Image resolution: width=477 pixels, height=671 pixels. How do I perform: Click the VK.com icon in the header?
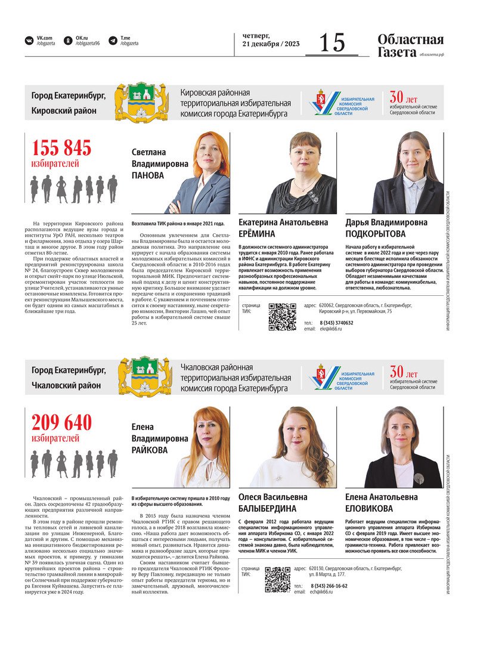pos(29,41)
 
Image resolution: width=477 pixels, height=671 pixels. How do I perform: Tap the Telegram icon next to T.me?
pos(113,41)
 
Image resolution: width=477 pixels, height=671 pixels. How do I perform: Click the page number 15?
pos(332,42)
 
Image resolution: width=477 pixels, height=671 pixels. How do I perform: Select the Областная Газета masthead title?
pos(410,46)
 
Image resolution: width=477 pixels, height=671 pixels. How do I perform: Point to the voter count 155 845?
pos(61,147)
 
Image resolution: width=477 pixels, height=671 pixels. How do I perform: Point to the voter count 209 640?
pos(61,422)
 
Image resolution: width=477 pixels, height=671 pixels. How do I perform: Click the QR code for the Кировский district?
pos(282,317)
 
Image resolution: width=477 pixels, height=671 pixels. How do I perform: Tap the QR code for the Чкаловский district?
pos(277,579)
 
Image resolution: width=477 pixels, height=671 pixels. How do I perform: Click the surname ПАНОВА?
pos(147,175)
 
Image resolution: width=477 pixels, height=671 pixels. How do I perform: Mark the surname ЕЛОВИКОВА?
pos(369,509)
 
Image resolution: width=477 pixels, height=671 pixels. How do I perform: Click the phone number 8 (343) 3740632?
pos(336,323)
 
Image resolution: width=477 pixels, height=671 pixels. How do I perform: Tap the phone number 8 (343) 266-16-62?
pos(329,585)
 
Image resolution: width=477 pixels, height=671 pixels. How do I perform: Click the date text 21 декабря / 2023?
pos(271,44)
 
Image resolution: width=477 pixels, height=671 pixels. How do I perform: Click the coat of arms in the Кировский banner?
pos(141,102)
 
